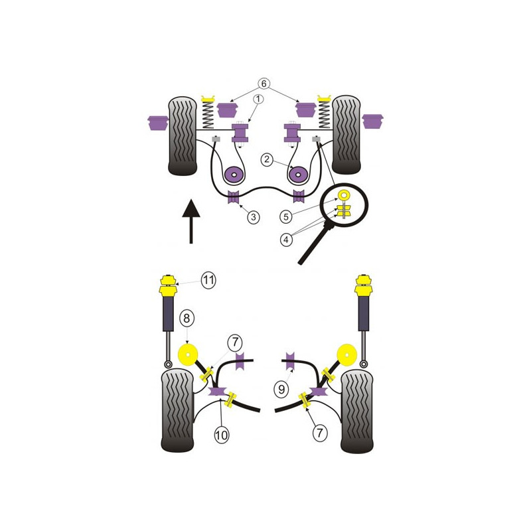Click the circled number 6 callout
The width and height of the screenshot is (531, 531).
264,84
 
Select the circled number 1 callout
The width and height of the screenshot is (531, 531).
258,99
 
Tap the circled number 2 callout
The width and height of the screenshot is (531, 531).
267,159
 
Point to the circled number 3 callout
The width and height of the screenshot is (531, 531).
254,217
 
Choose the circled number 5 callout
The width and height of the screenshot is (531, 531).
286,216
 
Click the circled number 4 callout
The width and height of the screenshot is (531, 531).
286,240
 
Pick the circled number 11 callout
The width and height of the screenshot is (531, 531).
208,280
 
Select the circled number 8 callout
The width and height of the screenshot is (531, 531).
187,319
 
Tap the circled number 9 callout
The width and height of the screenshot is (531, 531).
281,389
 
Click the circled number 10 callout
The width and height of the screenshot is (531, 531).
222,435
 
